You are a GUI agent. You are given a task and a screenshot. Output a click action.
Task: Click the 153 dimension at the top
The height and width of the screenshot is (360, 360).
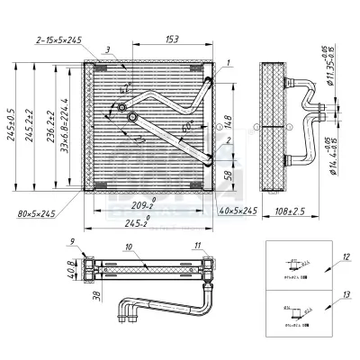click(x=171, y=39)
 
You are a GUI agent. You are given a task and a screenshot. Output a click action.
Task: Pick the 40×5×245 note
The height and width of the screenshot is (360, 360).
click(x=238, y=210)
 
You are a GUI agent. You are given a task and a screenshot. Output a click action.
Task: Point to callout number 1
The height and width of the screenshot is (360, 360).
click(x=228, y=61)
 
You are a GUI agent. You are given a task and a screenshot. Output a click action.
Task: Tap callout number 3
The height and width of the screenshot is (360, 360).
click(x=107, y=51)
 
